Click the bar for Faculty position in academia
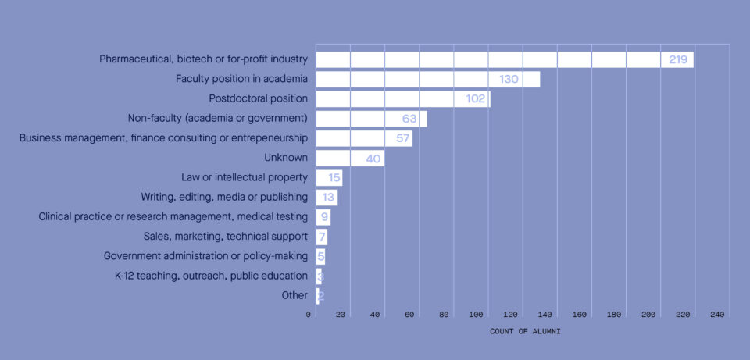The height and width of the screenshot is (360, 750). tap(427, 79)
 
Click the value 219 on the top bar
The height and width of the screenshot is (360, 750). tap(677, 59)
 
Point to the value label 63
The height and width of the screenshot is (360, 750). tap(410, 119)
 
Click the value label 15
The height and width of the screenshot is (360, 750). tap(334, 178)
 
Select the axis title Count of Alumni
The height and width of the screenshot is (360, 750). tap(525, 331)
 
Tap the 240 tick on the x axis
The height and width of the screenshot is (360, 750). tap(717, 315)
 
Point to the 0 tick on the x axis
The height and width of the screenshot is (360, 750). tap(309, 315)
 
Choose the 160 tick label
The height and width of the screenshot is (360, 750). tap(580, 315)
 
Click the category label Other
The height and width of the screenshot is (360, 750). tap(295, 295)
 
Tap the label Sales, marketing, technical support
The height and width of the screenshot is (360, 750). tap(225, 236)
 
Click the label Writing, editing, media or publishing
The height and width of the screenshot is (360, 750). tap(224, 197)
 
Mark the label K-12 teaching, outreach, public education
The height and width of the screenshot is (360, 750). tap(211, 276)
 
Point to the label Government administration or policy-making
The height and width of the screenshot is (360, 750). tap(205, 256)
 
